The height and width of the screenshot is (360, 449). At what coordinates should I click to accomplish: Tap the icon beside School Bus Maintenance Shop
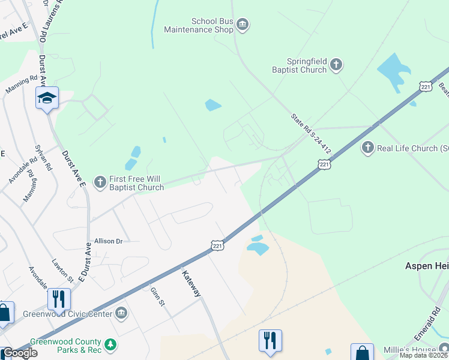pyautogui.click(x=243, y=25)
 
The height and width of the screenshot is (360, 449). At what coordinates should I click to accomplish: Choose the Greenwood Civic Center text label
pyautogui.click(x=67, y=314)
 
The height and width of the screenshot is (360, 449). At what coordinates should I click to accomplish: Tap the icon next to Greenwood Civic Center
pyautogui.click(x=121, y=313)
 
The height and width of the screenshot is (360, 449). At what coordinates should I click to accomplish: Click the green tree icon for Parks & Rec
pyautogui.click(x=109, y=344)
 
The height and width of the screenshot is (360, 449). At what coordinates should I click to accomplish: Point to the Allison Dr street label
pyautogui.click(x=108, y=241)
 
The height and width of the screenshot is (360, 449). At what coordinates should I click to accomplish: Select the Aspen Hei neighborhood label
pyautogui.click(x=427, y=265)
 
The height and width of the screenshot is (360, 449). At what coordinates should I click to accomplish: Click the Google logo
pyautogui.click(x=19, y=353)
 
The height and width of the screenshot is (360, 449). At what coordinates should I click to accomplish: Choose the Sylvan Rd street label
pyautogui.click(x=44, y=157)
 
